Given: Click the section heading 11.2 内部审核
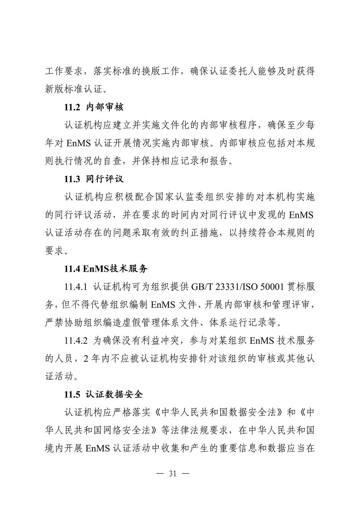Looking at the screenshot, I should point(94,107).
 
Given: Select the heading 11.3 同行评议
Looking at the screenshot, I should point(94,179).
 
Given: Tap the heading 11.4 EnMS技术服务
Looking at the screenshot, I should point(106,269).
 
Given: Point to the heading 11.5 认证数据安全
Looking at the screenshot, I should point(104,395).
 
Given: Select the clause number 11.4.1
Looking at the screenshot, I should point(76,287).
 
